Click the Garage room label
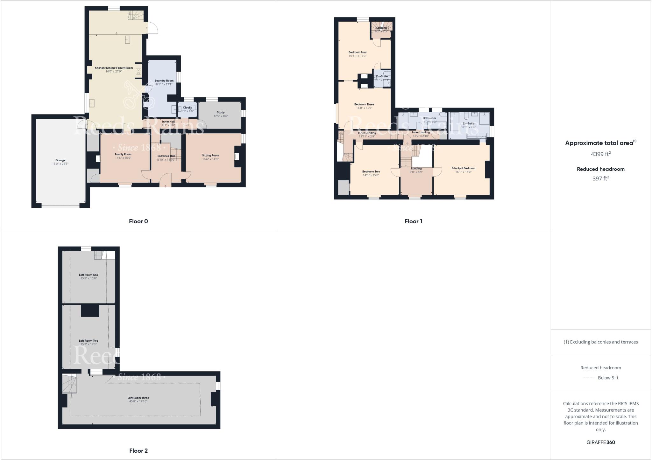(60, 160)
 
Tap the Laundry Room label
(164, 80)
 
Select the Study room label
(221, 112)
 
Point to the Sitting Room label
(210, 156)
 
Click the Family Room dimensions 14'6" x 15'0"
(123, 158)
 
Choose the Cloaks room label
(187, 108)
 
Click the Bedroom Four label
(358, 52)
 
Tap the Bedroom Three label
(364, 104)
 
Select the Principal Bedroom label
(463, 168)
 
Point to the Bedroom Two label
(371, 171)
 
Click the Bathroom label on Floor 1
(429, 118)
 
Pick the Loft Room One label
(89, 275)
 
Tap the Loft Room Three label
(138, 398)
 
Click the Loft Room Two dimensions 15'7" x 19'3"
(89, 344)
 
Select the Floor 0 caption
(138, 221)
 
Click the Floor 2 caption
(138, 451)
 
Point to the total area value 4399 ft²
(600, 154)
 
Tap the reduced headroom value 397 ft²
(600, 178)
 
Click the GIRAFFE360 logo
(600, 442)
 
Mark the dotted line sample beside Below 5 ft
(589, 378)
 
